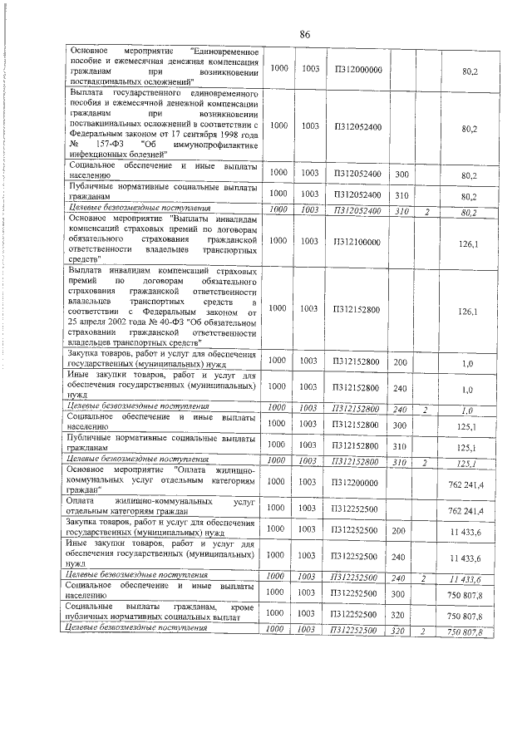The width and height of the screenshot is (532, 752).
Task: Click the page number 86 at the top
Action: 304,34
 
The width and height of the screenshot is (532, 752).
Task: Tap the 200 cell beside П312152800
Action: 400,361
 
